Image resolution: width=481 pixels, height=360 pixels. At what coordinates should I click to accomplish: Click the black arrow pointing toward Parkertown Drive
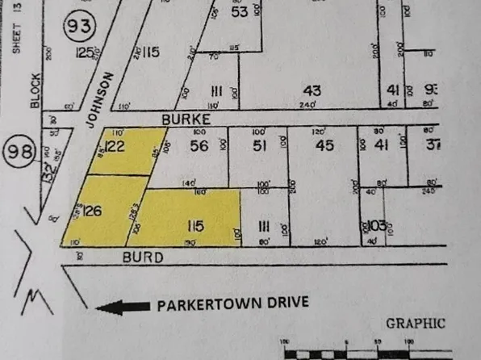[122, 307]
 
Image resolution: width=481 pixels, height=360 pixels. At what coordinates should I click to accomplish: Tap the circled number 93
[79, 27]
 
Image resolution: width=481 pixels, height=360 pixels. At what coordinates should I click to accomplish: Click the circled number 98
[18, 150]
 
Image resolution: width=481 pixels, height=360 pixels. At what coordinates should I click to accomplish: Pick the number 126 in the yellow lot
[91, 211]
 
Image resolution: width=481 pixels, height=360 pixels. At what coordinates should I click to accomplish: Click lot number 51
[260, 146]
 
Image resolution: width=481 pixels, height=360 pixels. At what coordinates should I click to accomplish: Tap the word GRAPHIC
[415, 323]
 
